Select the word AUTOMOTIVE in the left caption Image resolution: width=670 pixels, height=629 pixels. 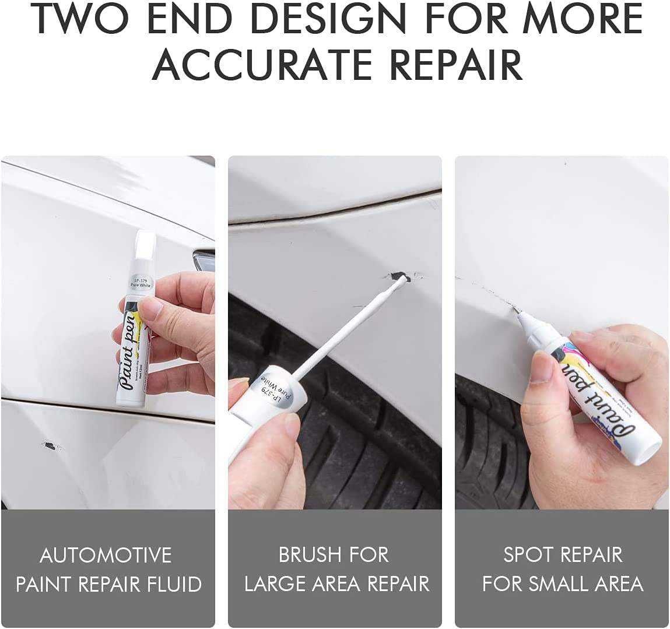[106, 555]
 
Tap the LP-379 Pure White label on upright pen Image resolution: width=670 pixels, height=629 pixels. [141, 282]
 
